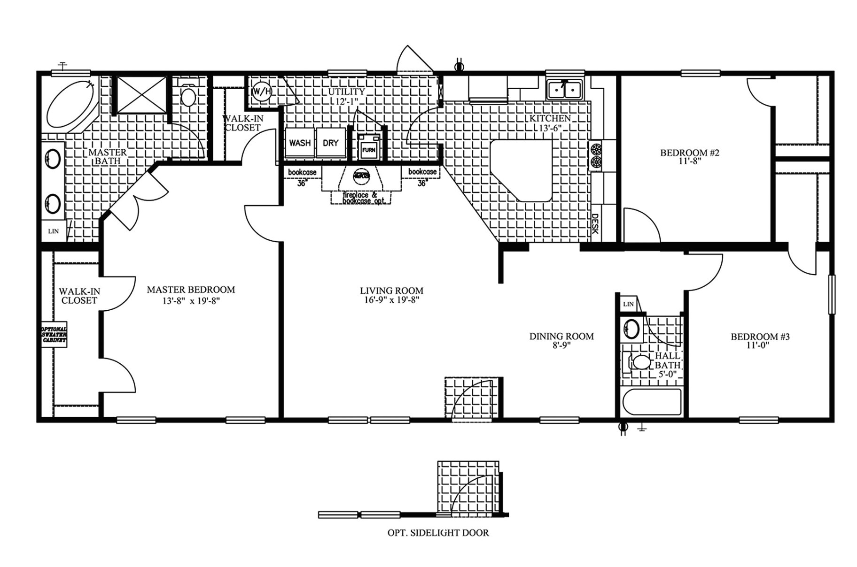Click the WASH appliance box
pyautogui.click(x=300, y=143)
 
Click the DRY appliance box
pyautogui.click(x=331, y=143)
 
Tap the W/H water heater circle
pyautogui.click(x=262, y=92)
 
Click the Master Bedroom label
pyautogui.click(x=191, y=290)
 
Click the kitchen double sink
pyautogui.click(x=565, y=89)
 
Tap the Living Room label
pyautogui.click(x=391, y=291)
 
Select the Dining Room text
pyautogui.click(x=561, y=337)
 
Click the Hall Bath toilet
pyautogui.click(x=639, y=362)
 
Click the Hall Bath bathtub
pyautogui.click(x=652, y=403)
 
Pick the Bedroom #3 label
pyautogui.click(x=760, y=337)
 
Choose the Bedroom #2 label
pyautogui.click(x=690, y=153)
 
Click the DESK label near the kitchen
pyautogui.click(x=595, y=224)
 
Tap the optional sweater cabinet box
pyautogui.click(x=54, y=334)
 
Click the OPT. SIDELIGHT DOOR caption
pyautogui.click(x=438, y=533)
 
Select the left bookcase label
pyautogui.click(x=302, y=172)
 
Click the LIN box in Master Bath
pyautogui.click(x=54, y=231)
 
